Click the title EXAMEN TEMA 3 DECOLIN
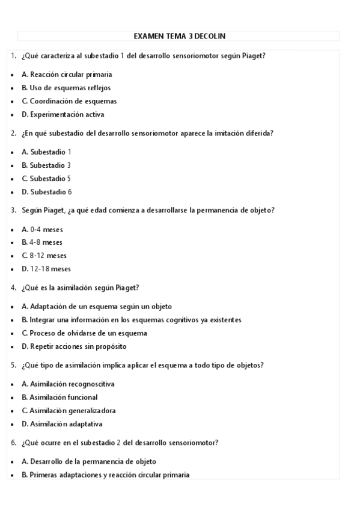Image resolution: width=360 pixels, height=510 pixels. pyautogui.click(x=179, y=36)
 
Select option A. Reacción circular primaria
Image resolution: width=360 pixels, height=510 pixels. pyautogui.click(x=67, y=75)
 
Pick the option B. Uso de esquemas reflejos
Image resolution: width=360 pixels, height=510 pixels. pyautogui.click(x=66, y=88)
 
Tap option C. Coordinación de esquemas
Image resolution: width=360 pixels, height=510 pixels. pyautogui.click(x=69, y=101)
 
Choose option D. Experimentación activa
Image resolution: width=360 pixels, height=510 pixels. pyautogui.click(x=63, y=114)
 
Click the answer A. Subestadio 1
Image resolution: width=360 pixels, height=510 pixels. pyautogui.click(x=46, y=152)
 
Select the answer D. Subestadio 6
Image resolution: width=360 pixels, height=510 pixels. pyautogui.click(x=46, y=192)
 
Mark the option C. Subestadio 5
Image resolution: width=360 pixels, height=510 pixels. pyautogui.click(x=46, y=179)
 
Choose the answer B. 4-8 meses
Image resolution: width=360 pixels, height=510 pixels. pyautogui.click(x=42, y=242)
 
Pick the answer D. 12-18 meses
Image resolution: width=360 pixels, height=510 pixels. pyautogui.click(x=46, y=269)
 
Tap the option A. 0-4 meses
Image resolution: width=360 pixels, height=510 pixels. pyautogui.click(x=42, y=229)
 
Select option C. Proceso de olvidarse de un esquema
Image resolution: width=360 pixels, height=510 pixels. pyautogui.click(x=84, y=333)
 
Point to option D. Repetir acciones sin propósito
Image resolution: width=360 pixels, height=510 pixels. pyautogui.click(x=74, y=346)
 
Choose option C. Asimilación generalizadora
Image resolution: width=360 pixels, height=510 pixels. pyautogui.click(x=69, y=411)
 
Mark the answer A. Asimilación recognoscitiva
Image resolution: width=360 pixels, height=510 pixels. pyautogui.click(x=68, y=384)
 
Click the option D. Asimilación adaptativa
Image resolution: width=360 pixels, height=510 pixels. pyautogui.click(x=62, y=424)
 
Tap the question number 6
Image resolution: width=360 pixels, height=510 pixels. pyautogui.click(x=13, y=443)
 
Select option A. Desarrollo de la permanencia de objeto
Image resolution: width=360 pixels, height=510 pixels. pyautogui.click(x=89, y=461)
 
